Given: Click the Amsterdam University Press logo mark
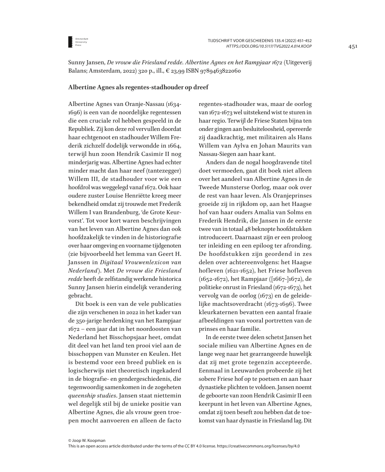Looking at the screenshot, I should coord(70,42).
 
